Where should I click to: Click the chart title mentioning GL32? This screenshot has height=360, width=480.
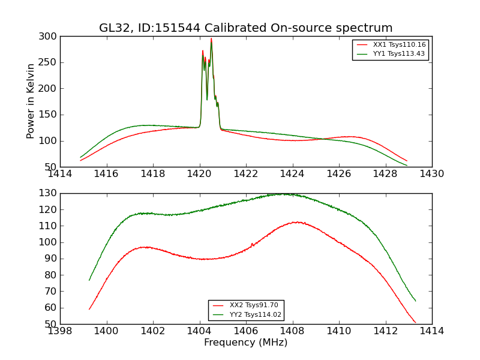(246, 28)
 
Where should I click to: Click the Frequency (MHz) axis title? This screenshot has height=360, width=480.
(246, 343)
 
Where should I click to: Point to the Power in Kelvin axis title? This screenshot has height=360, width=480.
(31, 101)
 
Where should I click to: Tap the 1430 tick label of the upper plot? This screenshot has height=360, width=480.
(431, 174)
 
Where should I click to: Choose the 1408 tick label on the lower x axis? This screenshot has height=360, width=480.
(292, 331)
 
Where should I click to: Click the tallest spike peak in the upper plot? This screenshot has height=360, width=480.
(211, 39)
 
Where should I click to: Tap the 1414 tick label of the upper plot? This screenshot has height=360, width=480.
(61, 174)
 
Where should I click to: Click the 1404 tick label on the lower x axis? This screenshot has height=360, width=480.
(199, 331)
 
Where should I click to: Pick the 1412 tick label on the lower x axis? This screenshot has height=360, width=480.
(385, 331)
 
